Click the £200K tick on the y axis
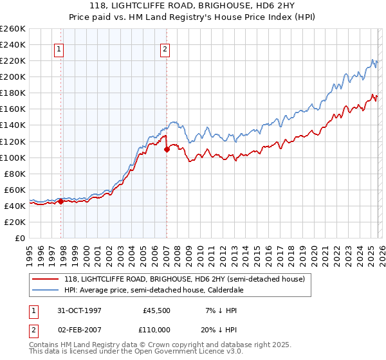(x=13, y=76)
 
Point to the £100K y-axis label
(x=13, y=157)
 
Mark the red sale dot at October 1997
(x=61, y=201)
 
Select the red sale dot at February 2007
(x=167, y=149)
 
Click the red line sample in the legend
(x=46, y=278)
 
